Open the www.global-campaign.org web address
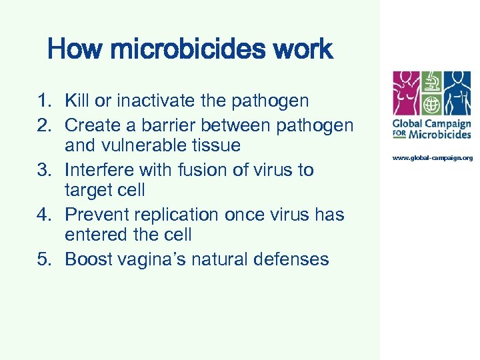click(432, 157)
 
